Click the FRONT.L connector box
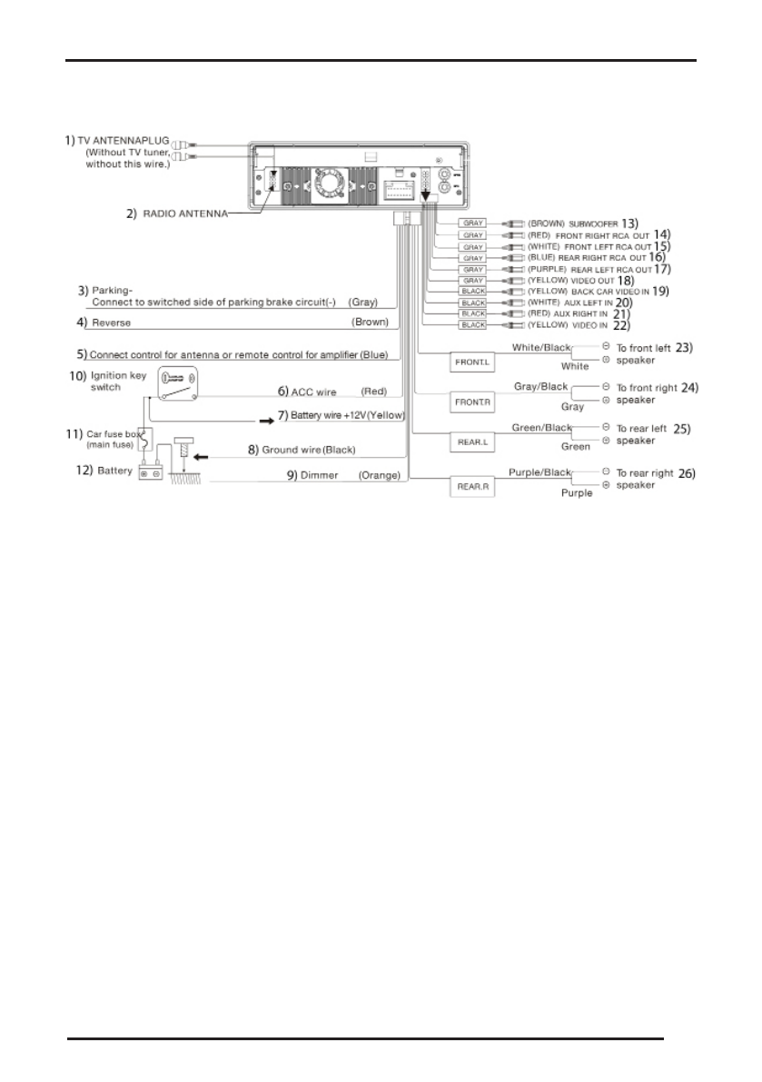pos(472,361)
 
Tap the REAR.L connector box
pos(472,442)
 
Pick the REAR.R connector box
pos(472,486)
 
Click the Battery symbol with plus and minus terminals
pos(150,473)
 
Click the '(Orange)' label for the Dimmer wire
pos(374,475)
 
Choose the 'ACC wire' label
pos(314,392)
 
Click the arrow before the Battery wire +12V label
pos(266,421)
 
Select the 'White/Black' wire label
pos(541,347)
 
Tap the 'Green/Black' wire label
pos(542,427)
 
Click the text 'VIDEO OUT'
pos(593,281)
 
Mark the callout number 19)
pos(660,292)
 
